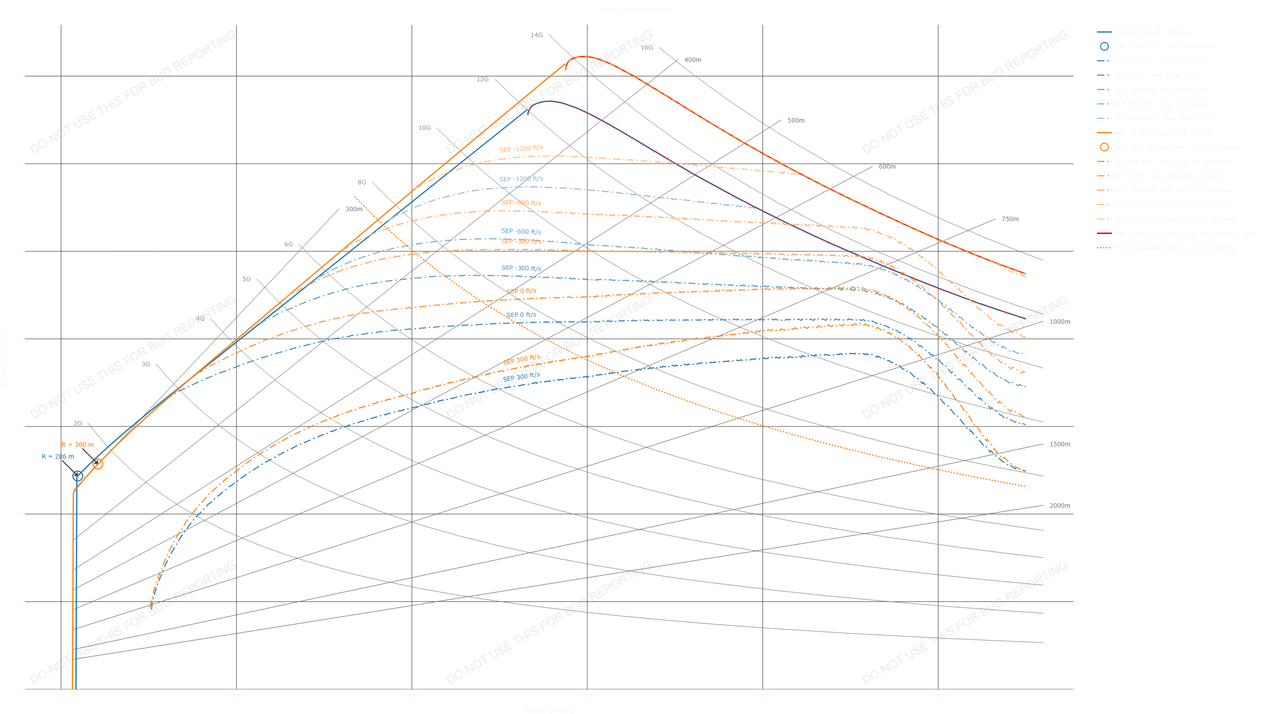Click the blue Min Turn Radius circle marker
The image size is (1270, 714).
click(77, 476)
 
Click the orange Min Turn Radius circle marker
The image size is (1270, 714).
click(98, 464)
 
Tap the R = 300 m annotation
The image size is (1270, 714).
click(77, 445)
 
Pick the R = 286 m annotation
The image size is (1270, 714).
click(58, 457)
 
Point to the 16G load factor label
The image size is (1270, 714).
click(646, 48)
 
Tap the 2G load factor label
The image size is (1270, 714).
click(77, 423)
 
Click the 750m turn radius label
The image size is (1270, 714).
click(1010, 219)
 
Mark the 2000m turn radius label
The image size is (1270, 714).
click(1060, 506)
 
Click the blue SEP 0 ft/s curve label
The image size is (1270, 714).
click(521, 315)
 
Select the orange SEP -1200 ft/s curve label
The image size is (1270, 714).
click(521, 149)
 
